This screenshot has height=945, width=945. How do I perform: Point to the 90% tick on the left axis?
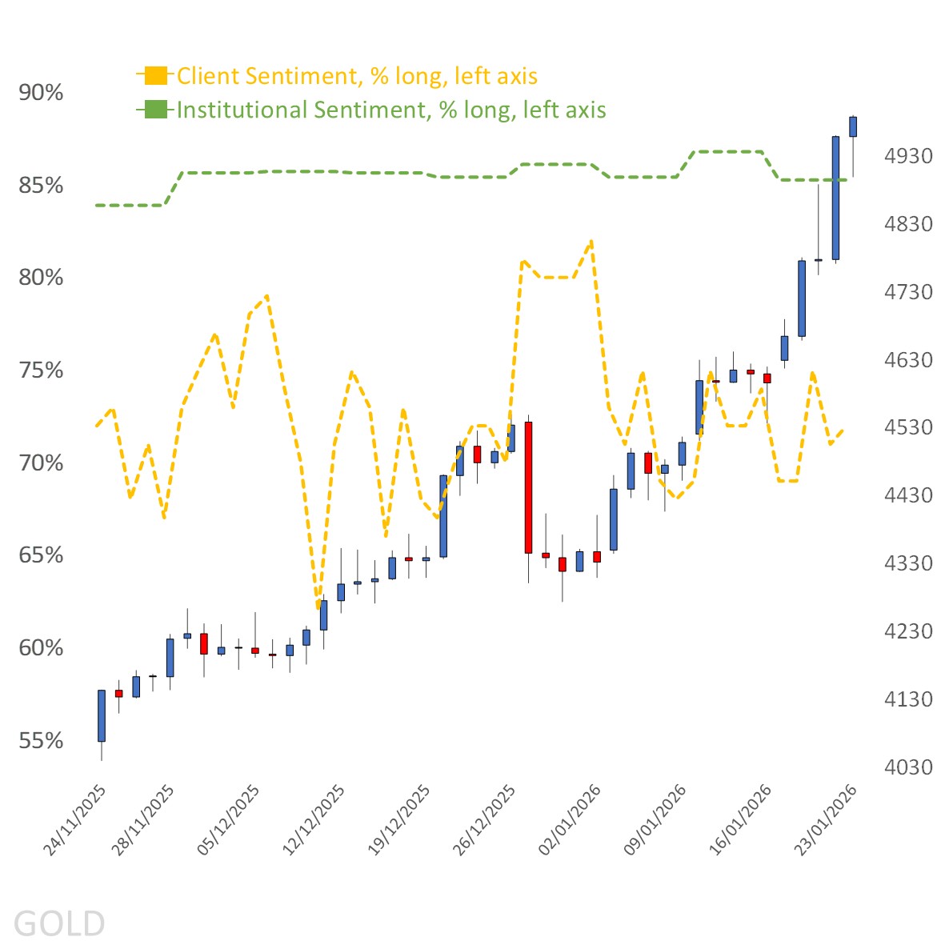41,93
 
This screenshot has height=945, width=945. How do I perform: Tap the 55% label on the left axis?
41,741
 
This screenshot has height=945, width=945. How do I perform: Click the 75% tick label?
41,370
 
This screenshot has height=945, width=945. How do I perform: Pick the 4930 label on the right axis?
908,156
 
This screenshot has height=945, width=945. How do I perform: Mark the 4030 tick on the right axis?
908,767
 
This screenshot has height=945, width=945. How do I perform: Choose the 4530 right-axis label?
908,427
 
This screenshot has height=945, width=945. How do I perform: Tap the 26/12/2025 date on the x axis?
486,819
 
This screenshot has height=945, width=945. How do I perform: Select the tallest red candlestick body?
528,487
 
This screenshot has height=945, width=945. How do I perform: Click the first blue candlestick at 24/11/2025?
102,715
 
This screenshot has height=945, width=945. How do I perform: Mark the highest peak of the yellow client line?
591,240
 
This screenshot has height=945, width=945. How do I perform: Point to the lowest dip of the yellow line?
318,606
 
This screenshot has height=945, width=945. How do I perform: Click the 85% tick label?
41,186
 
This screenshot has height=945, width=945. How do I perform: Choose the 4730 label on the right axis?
908,292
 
